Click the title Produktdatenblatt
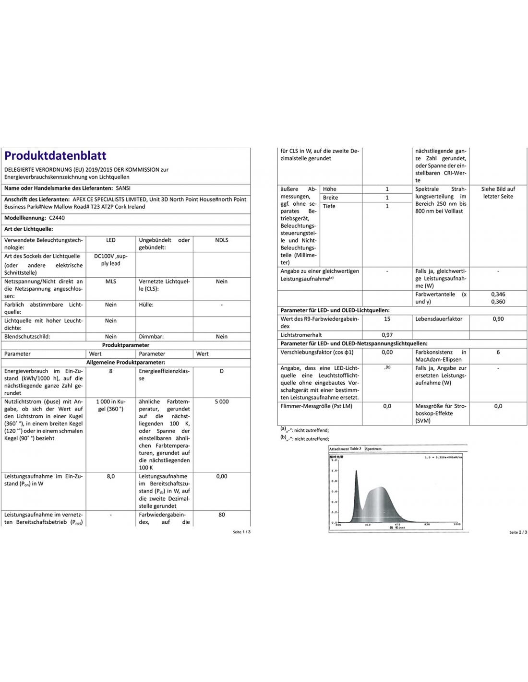55,155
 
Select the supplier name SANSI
123,188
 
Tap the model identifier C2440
57,218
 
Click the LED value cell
110,240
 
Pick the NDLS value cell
221,240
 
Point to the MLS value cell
110,282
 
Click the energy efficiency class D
221,371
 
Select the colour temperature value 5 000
221,402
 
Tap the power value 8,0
110,477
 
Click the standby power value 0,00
221,477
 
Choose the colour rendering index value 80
221,515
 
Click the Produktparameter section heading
126,345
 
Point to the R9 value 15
387,319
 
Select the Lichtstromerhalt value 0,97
387,335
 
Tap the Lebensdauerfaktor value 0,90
498,319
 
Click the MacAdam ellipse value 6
498,353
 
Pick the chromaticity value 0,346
498,294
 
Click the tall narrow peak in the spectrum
356,480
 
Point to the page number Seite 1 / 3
241,532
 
